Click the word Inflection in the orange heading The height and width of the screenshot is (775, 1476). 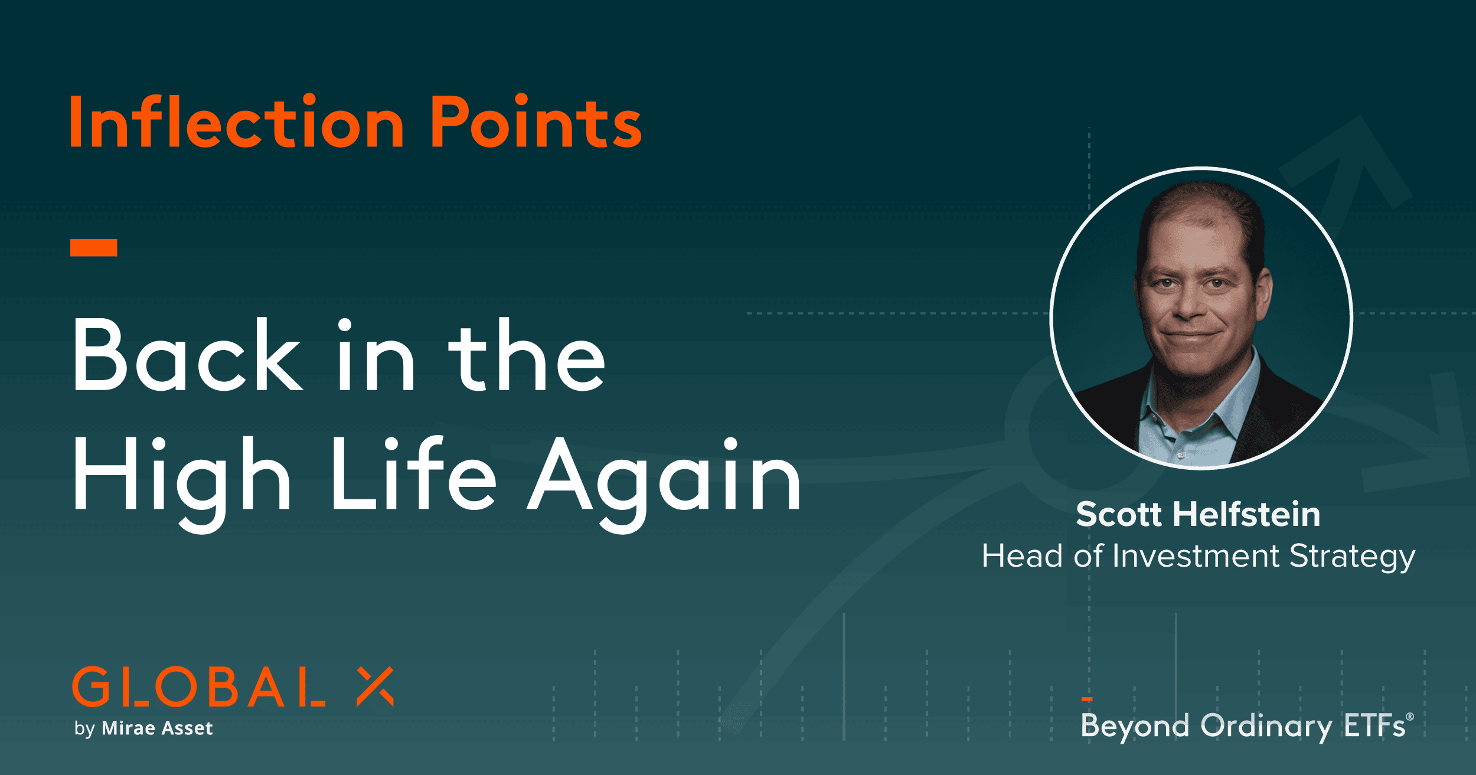(236, 122)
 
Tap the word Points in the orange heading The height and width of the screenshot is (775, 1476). (535, 122)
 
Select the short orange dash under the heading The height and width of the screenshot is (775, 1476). (93, 248)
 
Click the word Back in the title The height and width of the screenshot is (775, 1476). (187, 357)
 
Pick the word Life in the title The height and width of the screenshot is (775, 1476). (413, 475)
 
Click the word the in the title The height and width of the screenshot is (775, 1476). (527, 357)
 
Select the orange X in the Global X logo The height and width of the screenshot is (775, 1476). (375, 686)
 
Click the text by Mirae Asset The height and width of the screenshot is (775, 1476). (143, 728)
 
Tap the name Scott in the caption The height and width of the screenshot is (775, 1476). (1118, 514)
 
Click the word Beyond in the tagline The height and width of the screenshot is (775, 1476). (1134, 726)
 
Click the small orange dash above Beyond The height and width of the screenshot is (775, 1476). (1087, 699)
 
